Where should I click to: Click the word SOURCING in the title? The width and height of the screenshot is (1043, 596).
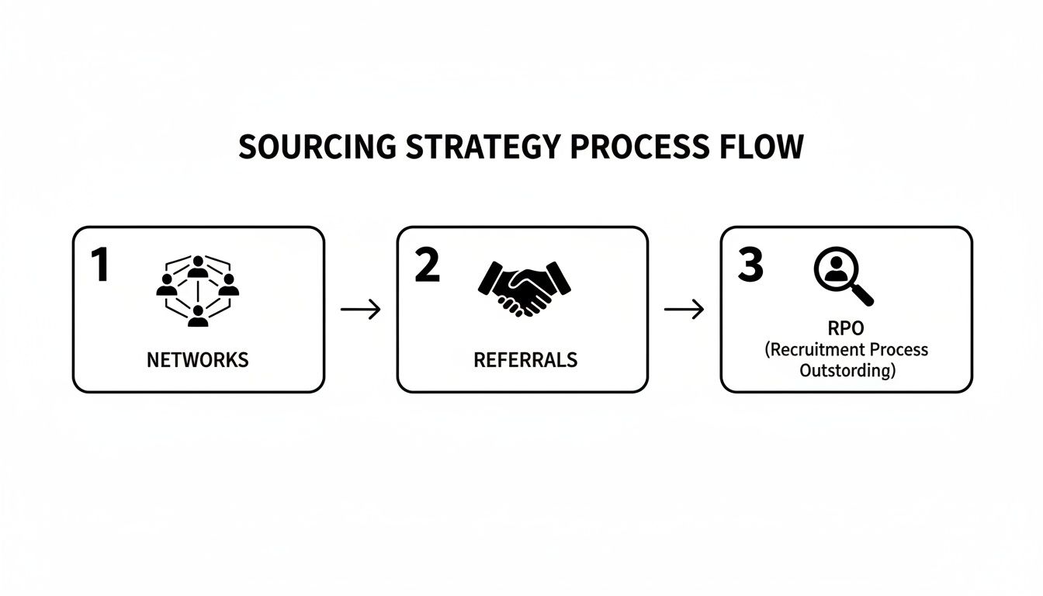coord(317,147)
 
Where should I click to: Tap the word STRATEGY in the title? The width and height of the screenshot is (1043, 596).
coord(483,147)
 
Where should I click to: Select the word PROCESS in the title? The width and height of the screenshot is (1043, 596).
coord(639,147)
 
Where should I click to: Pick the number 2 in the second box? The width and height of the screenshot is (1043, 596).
coord(427,265)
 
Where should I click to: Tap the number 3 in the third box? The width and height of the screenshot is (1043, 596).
coord(750,265)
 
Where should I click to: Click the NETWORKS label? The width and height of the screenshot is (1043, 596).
coord(198,360)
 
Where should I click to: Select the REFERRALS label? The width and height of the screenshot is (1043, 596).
coord(525,360)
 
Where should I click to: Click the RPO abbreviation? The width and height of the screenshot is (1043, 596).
coord(846,328)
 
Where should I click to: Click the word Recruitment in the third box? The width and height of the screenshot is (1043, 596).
coord(817,350)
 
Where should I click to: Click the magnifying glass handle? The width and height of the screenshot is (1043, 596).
coord(862,295)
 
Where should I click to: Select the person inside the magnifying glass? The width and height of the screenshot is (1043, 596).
coord(837,269)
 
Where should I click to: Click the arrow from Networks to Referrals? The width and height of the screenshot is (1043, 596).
coord(360,309)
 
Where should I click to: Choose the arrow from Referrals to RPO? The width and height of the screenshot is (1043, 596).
coord(684,309)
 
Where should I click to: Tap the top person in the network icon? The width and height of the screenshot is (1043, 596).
coord(198,267)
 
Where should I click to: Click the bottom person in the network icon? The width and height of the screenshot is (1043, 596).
coord(198,316)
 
